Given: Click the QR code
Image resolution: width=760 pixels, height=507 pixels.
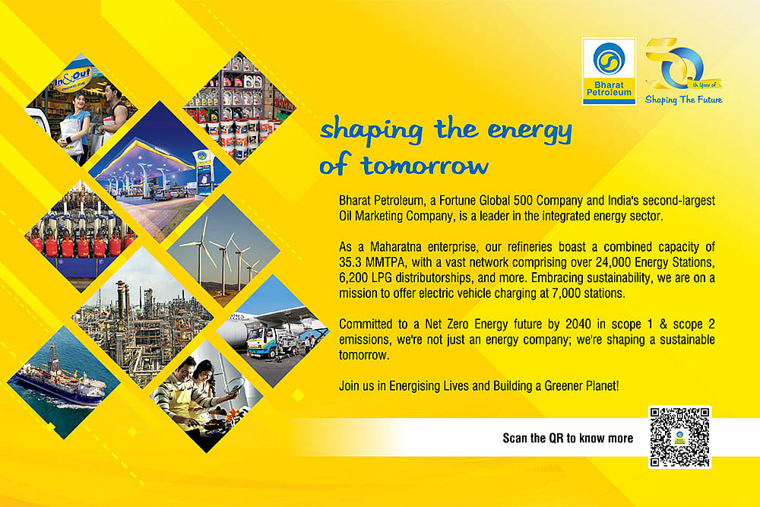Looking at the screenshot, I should (679, 437).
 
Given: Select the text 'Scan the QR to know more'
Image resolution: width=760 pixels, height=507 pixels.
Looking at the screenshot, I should (568, 438).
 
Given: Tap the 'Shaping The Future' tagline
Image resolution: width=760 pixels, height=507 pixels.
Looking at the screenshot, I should (682, 100).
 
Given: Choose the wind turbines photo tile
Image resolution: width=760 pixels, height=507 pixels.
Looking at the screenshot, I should (223, 250).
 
